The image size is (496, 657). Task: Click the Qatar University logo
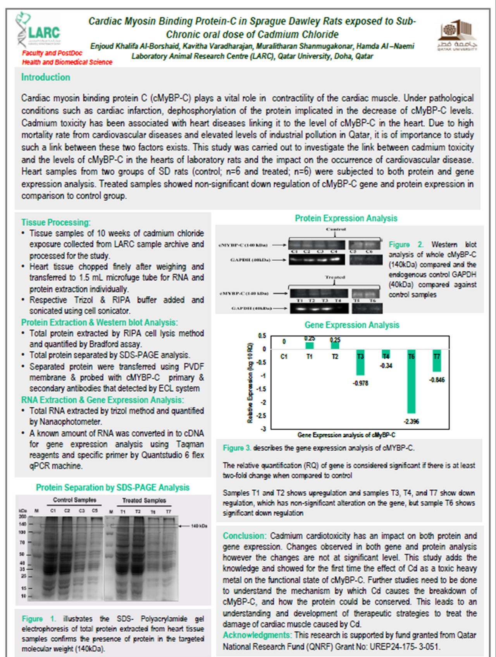click(x=457, y=35)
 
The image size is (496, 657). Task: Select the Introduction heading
click(x=46, y=77)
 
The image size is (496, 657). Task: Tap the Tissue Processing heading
click(x=56, y=222)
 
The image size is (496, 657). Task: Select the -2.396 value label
click(x=411, y=421)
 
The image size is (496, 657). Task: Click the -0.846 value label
click(x=437, y=380)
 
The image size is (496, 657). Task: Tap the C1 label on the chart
click(x=284, y=357)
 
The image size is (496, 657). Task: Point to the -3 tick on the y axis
click(x=263, y=429)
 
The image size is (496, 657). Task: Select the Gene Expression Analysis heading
click(x=351, y=325)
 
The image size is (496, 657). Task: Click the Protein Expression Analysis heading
click(x=346, y=218)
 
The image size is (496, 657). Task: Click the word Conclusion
click(x=244, y=536)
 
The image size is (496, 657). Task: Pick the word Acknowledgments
click(x=257, y=635)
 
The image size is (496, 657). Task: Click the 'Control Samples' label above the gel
click(x=74, y=500)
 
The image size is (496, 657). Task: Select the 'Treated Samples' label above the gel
click(x=144, y=500)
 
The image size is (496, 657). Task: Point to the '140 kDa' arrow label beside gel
click(x=199, y=526)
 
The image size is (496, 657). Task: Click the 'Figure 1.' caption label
click(x=39, y=619)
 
